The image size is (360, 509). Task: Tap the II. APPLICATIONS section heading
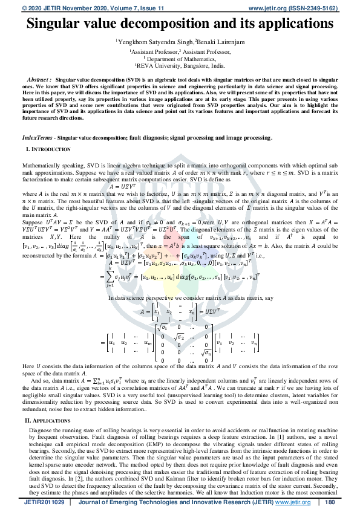click(x=48, y=419)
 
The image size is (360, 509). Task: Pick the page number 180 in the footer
click(x=330, y=502)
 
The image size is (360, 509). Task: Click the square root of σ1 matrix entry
click(x=163, y=327)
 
